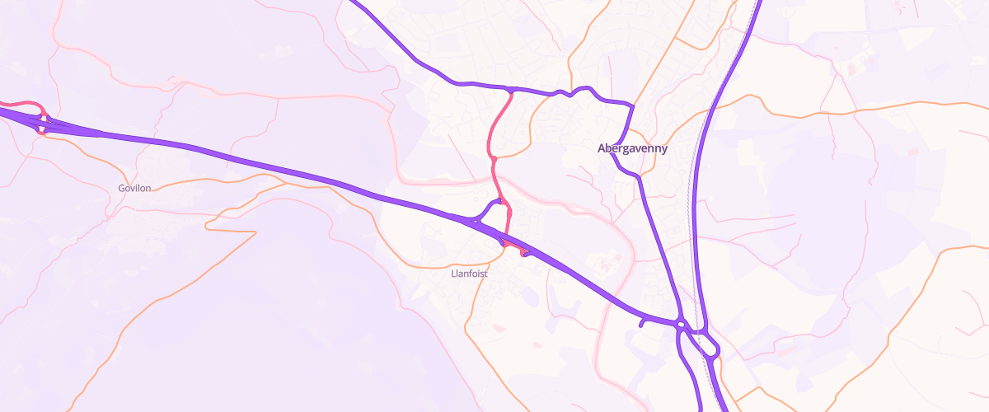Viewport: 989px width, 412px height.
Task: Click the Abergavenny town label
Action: (632, 149)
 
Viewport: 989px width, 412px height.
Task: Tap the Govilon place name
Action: (134, 189)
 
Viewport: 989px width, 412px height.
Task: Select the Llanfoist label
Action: (470, 274)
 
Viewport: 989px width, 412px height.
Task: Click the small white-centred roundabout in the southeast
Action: (682, 325)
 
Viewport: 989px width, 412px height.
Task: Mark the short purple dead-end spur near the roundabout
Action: (642, 323)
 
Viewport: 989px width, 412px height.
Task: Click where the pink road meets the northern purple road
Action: (512, 90)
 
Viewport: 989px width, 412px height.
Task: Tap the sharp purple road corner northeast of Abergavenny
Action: (632, 105)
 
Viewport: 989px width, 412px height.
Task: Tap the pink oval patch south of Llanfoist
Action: (497, 328)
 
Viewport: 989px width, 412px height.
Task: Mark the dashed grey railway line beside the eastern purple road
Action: (691, 214)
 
